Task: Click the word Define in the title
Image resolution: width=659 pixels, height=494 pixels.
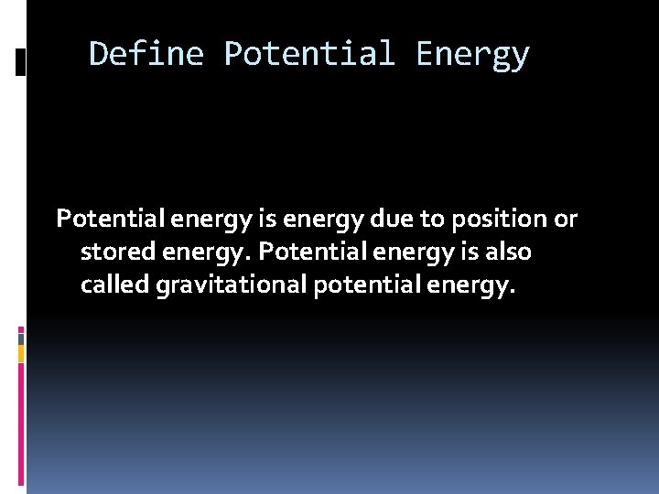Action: click(x=146, y=54)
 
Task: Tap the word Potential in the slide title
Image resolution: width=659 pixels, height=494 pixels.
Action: click(x=309, y=54)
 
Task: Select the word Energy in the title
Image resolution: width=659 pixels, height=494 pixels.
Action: click(x=472, y=54)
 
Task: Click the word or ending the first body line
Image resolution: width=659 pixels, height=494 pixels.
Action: click(x=566, y=220)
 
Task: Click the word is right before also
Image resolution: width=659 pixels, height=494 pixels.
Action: click(x=463, y=252)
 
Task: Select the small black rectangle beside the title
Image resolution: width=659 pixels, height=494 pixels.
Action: click(x=21, y=62)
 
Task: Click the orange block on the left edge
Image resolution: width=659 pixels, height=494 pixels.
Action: click(x=21, y=353)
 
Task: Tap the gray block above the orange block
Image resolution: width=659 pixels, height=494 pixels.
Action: click(x=21, y=338)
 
